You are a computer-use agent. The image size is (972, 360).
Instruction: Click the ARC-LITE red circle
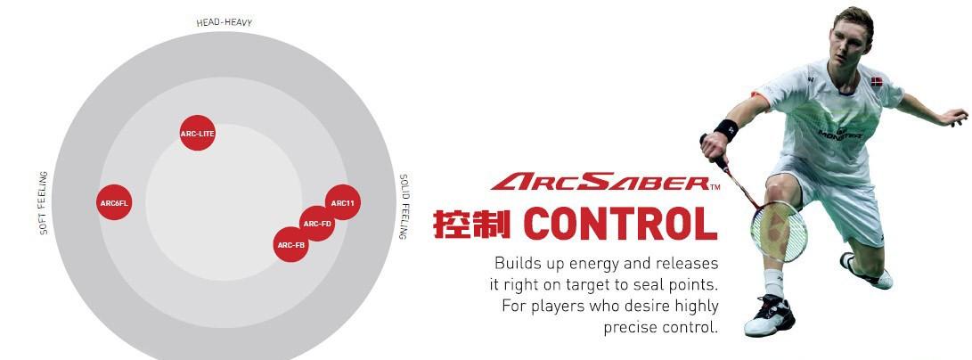click(198, 133)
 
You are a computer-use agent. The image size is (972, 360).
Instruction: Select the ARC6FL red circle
click(115, 202)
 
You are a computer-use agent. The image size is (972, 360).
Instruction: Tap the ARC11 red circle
click(343, 202)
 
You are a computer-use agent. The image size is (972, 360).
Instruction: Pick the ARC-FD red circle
click(317, 223)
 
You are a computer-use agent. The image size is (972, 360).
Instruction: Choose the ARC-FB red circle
click(291, 244)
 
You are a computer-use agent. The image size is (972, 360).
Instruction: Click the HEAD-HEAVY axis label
click(225, 23)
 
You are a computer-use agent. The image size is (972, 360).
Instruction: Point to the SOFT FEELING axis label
click(44, 202)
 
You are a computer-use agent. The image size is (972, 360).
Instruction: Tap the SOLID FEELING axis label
click(403, 207)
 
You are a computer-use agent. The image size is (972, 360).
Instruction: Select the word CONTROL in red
click(620, 224)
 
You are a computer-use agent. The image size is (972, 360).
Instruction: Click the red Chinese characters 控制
click(471, 224)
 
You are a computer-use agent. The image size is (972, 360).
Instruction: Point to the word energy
click(586, 264)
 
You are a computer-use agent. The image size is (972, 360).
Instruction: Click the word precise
click(629, 326)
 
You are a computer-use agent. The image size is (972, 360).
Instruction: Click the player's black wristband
click(726, 130)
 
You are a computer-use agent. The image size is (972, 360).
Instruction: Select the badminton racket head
click(779, 231)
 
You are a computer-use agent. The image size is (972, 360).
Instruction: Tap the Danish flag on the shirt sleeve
click(877, 81)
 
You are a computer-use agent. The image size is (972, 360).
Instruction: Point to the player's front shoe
click(769, 316)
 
